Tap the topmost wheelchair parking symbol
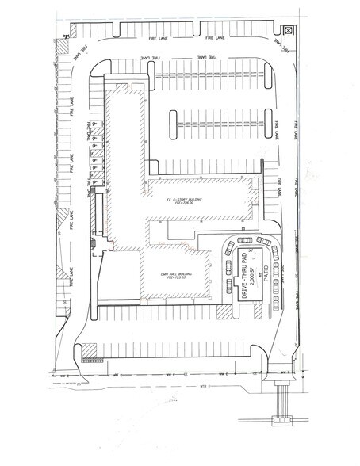pyautogui.click(x=93, y=124)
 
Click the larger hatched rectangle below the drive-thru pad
pyautogui.click(x=228, y=314)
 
